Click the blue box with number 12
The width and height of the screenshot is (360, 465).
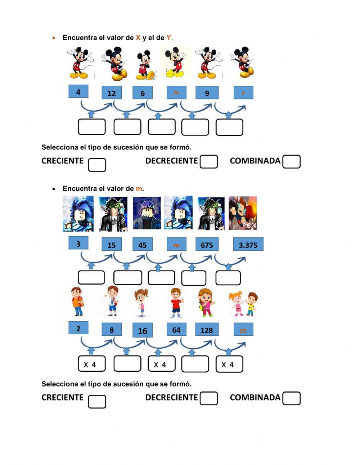(112, 93)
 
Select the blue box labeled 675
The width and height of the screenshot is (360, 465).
(207, 245)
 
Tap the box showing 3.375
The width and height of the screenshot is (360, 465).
(248, 245)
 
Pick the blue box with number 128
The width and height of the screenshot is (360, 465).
(207, 330)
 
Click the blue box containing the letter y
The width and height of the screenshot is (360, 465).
(243, 93)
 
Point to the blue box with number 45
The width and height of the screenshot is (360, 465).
(143, 245)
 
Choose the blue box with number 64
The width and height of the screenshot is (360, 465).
(176, 330)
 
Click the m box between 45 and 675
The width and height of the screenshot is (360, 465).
(176, 245)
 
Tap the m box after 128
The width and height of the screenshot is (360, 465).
(243, 330)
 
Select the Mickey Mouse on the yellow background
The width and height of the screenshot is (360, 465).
(175, 63)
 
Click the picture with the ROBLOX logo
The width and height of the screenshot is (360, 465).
(243, 213)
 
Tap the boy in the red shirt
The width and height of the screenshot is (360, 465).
(176, 303)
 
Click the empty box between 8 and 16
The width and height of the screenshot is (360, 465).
(127, 364)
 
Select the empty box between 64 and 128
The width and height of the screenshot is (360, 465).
(195, 364)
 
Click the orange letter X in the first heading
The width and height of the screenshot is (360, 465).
(138, 38)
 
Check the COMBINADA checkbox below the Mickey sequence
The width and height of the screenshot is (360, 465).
(291, 162)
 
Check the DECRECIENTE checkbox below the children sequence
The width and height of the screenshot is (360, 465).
(209, 398)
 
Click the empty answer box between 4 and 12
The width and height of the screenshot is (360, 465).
(92, 127)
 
